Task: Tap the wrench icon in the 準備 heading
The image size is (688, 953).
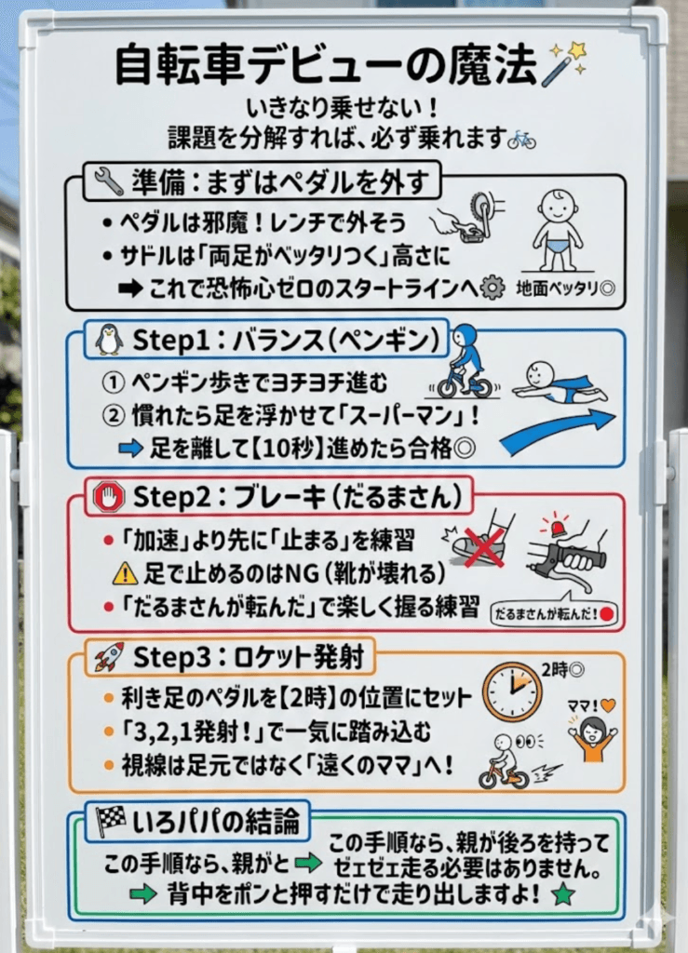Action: point(108,181)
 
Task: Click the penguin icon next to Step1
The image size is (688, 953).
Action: point(109,340)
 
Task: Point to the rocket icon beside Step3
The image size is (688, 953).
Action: point(109,658)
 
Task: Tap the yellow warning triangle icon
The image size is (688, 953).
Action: point(125,574)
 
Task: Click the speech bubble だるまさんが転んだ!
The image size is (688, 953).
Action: point(553,613)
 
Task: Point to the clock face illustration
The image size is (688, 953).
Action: point(512,691)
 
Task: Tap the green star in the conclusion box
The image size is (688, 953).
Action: point(562,894)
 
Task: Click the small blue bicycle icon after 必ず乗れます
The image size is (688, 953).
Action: point(521,140)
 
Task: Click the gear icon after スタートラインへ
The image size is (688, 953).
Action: point(492,289)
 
